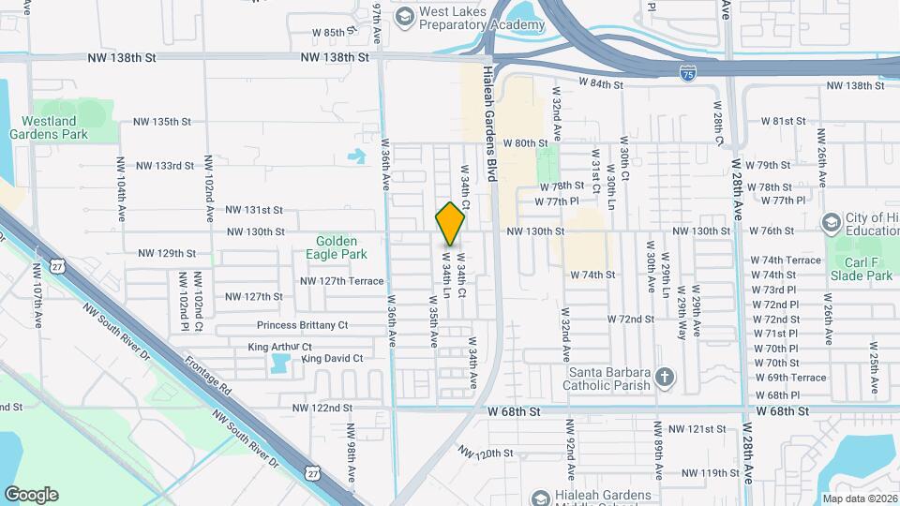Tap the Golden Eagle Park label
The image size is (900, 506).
[x=335, y=246]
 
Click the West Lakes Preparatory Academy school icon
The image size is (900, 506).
[x=404, y=16]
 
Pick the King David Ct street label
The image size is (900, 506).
[x=331, y=358]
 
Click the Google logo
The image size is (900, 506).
[x=31, y=495]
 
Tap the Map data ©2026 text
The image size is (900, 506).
[x=859, y=499]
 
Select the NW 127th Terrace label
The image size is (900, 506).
[x=341, y=281]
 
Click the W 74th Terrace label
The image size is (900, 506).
[x=786, y=260]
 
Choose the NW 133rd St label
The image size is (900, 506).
[x=164, y=166]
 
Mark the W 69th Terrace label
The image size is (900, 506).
[x=789, y=378]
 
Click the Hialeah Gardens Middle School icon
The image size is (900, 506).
[x=539, y=498]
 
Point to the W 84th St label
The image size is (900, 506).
[x=601, y=83]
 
